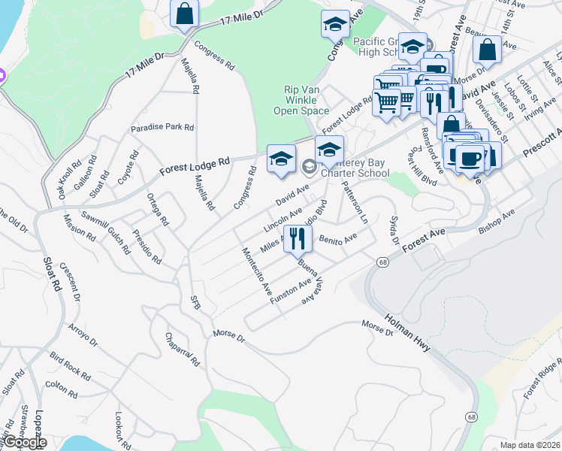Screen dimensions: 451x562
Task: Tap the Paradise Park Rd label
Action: pos(162,128)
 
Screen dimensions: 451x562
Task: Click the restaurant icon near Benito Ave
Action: pos(298,239)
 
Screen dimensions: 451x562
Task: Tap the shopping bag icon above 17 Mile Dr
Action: pos(183,14)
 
